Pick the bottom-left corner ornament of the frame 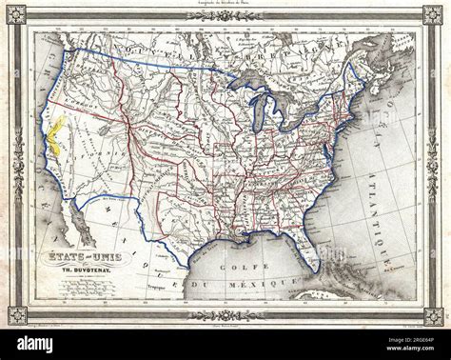tap(17, 315)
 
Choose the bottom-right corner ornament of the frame tap(433, 315)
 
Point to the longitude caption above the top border tap(225, 4)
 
